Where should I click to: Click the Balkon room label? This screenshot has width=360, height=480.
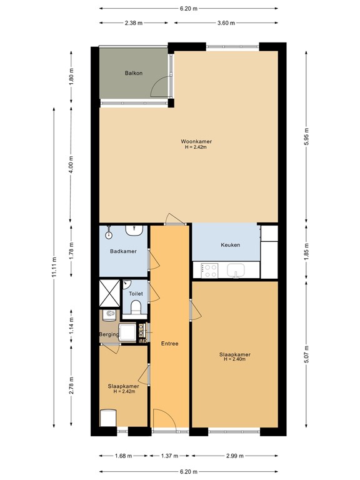134,73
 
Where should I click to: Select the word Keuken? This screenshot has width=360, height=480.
230,245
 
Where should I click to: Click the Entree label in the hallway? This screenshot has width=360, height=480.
169,343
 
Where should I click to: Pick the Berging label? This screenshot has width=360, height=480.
109,335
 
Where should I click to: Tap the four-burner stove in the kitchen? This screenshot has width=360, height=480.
209,271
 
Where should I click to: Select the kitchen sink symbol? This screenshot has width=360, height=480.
236,271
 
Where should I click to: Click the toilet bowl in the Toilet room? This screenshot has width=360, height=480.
136,307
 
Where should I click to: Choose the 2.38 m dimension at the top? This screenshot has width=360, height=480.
133,24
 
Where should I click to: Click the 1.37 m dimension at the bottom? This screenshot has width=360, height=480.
170,456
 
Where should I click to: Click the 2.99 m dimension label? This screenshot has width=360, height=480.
234,456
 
